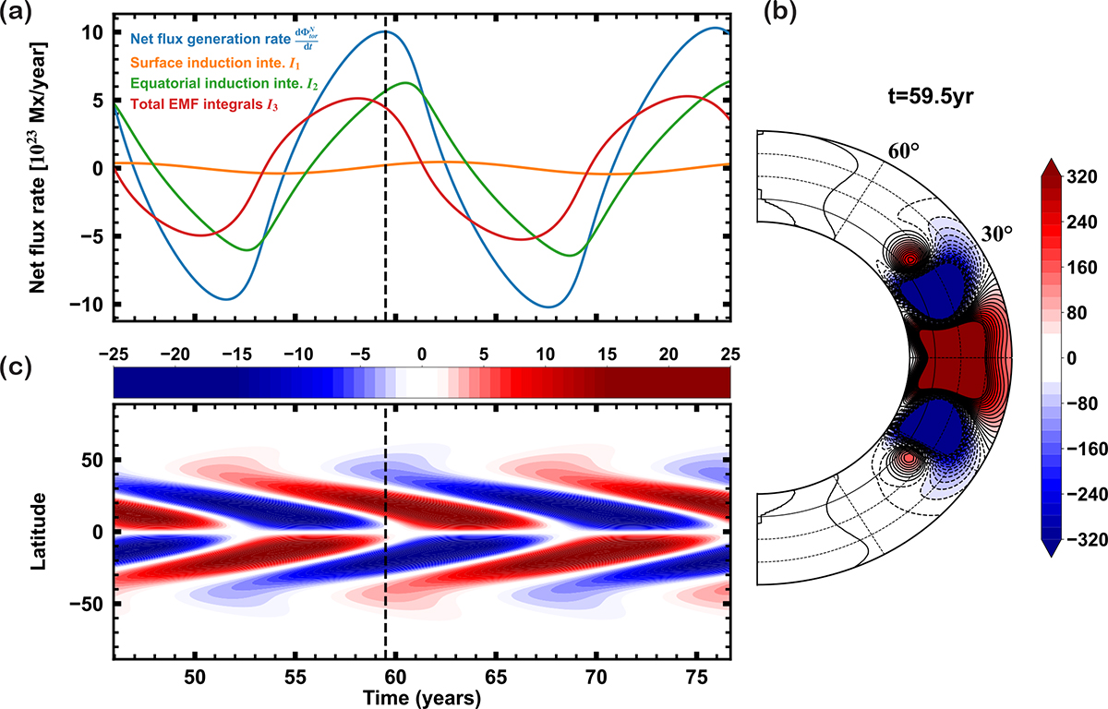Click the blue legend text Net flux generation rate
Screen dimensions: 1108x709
pyautogui.click(x=211, y=39)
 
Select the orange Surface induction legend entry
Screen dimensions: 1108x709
pyautogui.click(x=216, y=63)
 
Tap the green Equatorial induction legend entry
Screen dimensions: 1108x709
pyautogui.click(x=224, y=84)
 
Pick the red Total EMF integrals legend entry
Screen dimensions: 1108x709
pyautogui.click(x=204, y=104)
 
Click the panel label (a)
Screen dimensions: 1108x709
pyautogui.click(x=16, y=12)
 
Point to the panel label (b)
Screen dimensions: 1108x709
pyautogui.click(x=780, y=12)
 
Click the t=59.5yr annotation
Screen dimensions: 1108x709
pyautogui.click(x=931, y=96)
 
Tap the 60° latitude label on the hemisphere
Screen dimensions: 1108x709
pyautogui.click(x=904, y=151)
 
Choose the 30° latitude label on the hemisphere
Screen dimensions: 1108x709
pyautogui.click(x=997, y=234)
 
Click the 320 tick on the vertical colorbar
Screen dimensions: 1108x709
pyautogui.click(x=1082, y=177)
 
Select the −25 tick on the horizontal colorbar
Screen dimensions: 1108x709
pyautogui.click(x=114, y=354)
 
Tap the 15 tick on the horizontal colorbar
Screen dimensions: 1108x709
pyautogui.click(x=607, y=354)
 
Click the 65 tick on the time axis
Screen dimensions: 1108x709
pyautogui.click(x=496, y=678)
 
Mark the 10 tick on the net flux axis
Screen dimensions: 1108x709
pyautogui.click(x=92, y=32)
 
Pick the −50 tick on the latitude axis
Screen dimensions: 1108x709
pyautogui.click(x=87, y=604)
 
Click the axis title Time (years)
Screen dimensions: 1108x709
pyautogui.click(x=422, y=699)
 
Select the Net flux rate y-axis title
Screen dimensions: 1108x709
pyautogui.click(x=38, y=168)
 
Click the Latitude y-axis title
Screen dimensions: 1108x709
pyautogui.click(x=38, y=532)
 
